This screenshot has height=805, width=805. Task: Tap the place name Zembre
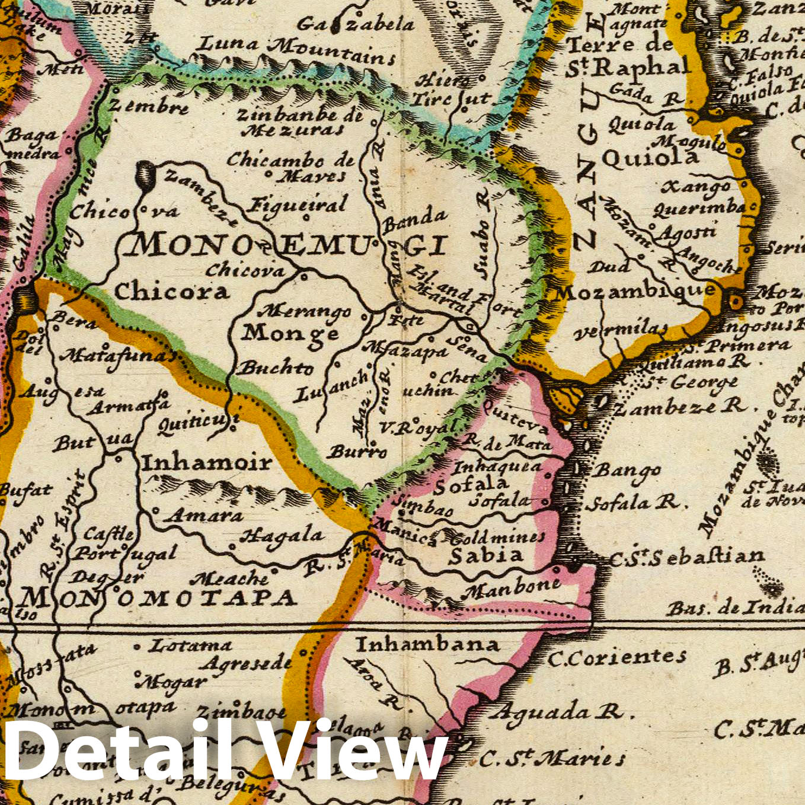click(x=148, y=107)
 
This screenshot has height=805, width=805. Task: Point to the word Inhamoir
click(x=206, y=462)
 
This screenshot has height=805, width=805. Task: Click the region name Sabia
click(x=485, y=555)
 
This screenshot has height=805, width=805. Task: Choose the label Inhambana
click(x=427, y=644)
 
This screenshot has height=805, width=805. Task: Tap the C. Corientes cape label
click(x=616, y=657)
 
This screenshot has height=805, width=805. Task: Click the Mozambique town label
click(x=634, y=291)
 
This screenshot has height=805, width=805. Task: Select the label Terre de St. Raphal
click(x=628, y=56)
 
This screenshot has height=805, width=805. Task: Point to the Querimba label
click(x=699, y=207)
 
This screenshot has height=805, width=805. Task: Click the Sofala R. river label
click(x=631, y=503)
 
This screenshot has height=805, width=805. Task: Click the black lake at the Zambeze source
click(x=145, y=175)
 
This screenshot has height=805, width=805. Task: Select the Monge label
click(x=290, y=333)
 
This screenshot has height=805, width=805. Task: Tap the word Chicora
click(x=171, y=291)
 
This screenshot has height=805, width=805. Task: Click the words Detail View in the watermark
click(x=225, y=752)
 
